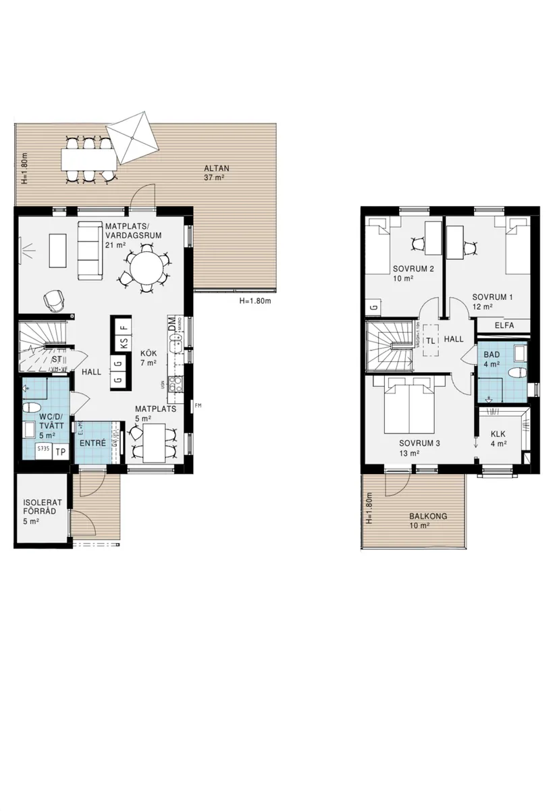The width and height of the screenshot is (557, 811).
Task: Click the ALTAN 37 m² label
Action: pos(215,173)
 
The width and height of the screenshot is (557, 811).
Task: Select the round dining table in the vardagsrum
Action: pos(147,269)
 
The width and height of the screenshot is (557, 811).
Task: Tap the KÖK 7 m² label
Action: pos(149,358)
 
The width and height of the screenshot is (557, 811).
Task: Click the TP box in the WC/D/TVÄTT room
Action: pos(60,452)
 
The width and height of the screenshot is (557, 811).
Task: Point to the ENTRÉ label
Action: pos(92,443)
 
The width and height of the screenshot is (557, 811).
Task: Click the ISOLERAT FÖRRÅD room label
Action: pos(39,507)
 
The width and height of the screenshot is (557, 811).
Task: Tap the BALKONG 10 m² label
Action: pos(427,521)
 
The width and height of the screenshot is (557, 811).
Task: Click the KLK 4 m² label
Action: pos(498,439)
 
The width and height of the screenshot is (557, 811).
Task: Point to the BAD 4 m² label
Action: pos(492,359)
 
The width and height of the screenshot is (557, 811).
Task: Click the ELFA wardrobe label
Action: pos(504,325)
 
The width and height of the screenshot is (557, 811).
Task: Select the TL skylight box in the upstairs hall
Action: pos(430,340)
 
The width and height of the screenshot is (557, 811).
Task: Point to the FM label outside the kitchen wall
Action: pos(198,406)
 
